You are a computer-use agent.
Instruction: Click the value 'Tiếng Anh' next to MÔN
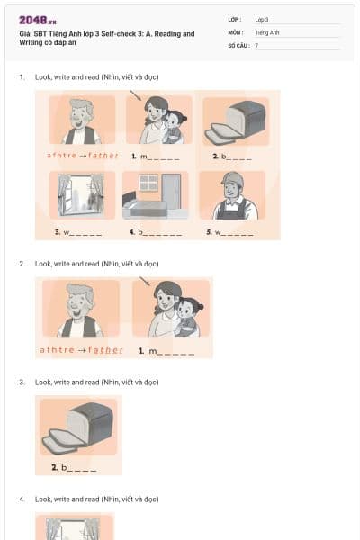pos(267,31)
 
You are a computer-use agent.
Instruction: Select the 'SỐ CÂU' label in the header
pos(238,45)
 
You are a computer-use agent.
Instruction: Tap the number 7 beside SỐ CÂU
pos(256,45)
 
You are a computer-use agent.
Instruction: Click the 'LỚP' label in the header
pos(235,19)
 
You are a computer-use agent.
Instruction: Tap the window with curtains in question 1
pos(82,195)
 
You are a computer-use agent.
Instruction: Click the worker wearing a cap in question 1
pos(233,195)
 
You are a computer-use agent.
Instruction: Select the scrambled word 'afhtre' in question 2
pos(58,350)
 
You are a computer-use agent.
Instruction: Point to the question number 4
pos(22,499)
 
